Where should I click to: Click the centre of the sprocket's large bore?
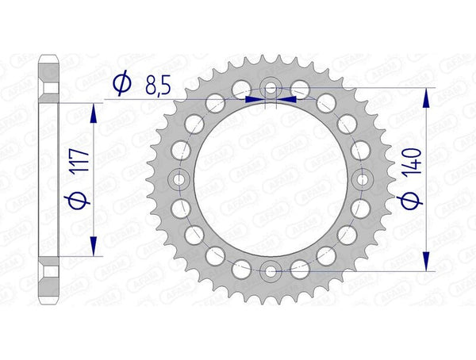[x=271, y=179]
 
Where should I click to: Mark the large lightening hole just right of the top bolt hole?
[x=301, y=87]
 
